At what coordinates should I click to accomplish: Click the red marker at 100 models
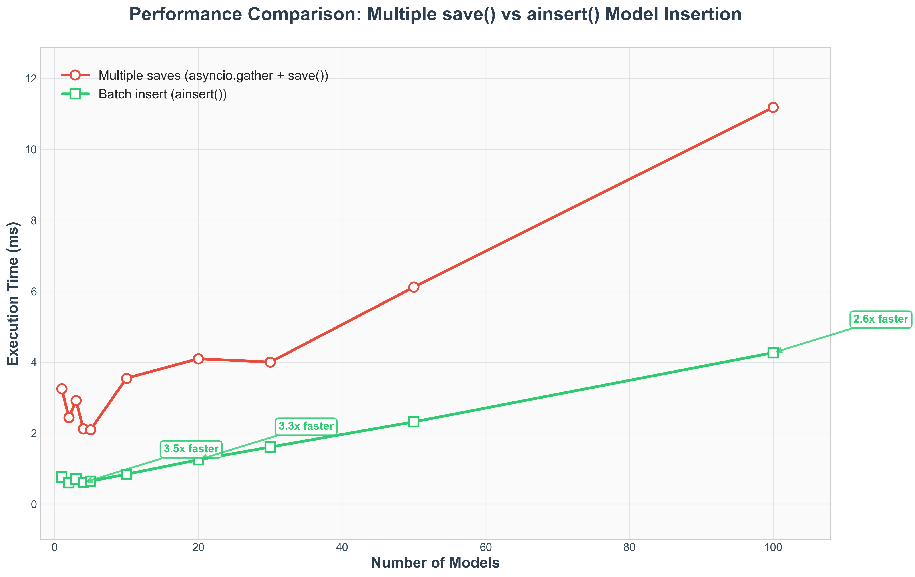click(x=772, y=108)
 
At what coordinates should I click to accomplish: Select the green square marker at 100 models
click(x=772, y=353)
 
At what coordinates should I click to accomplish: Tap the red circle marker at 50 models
click(x=414, y=287)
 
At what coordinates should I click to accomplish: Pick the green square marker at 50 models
click(x=414, y=422)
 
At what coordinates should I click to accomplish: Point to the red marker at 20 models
click(x=198, y=359)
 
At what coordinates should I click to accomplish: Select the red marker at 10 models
click(x=127, y=378)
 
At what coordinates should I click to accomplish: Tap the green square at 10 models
click(x=127, y=474)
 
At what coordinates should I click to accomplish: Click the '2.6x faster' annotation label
click(x=880, y=319)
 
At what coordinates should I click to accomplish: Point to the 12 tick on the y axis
click(x=31, y=79)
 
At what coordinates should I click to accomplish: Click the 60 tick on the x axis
click(x=486, y=547)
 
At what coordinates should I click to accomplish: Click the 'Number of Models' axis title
click(x=435, y=563)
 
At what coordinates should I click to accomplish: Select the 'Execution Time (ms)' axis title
click(x=13, y=294)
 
